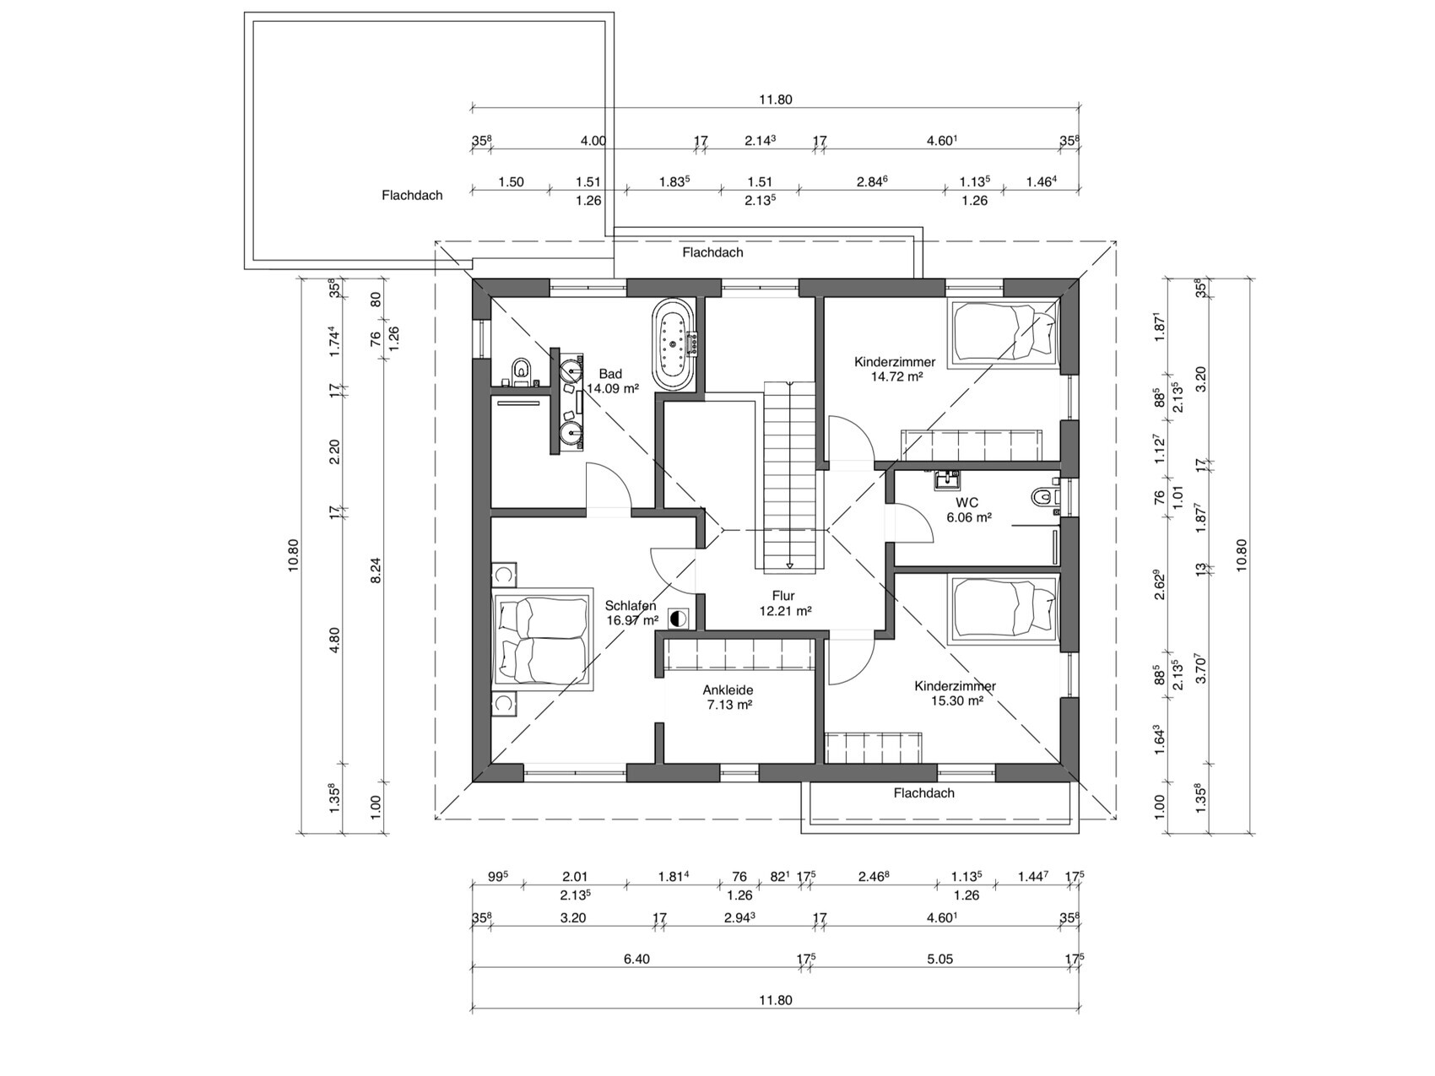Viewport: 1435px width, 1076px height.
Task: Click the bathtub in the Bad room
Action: click(674, 343)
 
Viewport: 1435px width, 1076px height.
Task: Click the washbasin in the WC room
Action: click(947, 481)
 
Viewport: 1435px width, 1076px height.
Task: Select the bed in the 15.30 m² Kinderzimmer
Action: click(1004, 608)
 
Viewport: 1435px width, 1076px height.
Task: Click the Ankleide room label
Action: click(728, 690)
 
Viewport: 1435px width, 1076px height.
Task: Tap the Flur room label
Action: click(783, 596)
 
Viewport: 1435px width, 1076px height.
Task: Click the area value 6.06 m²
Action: click(968, 517)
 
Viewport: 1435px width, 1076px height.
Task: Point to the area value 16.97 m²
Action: click(632, 620)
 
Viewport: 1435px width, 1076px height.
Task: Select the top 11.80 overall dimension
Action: click(775, 100)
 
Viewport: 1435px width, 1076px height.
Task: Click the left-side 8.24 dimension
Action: click(376, 570)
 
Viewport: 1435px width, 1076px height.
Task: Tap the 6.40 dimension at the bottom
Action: click(636, 959)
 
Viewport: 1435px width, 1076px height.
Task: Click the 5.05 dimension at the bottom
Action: click(940, 959)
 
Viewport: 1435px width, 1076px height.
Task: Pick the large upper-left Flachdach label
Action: click(412, 195)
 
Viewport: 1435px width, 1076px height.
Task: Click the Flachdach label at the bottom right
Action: click(924, 793)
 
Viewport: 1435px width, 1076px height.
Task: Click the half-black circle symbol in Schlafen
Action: click(678, 619)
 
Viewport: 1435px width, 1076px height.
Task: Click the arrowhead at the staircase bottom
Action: click(789, 565)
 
